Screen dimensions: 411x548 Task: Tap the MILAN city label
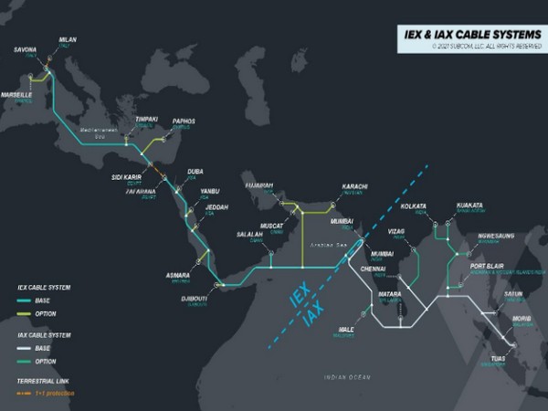pyautogui.click(x=68, y=41)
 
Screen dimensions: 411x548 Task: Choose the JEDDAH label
pyautogui.click(x=216, y=207)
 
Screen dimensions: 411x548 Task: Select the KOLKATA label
pyautogui.click(x=413, y=206)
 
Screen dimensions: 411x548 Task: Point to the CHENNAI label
pyautogui.click(x=374, y=270)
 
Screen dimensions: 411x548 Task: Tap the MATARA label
pyautogui.click(x=389, y=295)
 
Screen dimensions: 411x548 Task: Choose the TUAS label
pyautogui.click(x=499, y=359)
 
